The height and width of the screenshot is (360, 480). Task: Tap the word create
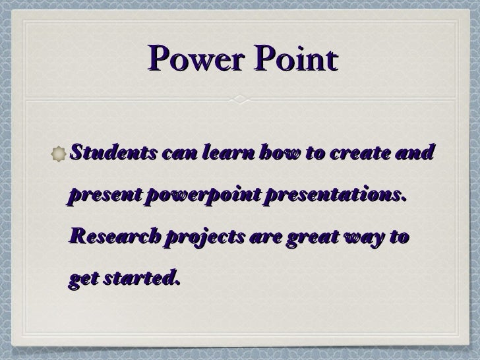click(360, 154)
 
